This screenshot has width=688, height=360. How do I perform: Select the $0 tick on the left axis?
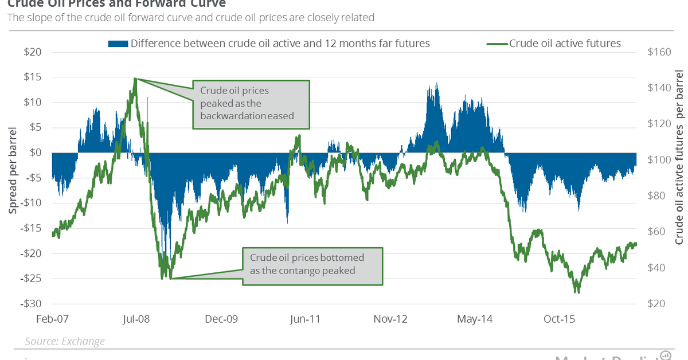pos(35,152)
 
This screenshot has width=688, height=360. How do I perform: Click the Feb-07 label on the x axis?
pos(52,319)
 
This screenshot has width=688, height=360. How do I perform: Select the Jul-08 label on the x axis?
pos(136,319)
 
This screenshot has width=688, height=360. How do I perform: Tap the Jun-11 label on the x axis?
pos(305,319)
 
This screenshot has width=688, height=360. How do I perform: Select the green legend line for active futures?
pos(496,43)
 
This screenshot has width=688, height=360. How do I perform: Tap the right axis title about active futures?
pos(679,158)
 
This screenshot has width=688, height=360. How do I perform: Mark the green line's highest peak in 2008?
pos(135,79)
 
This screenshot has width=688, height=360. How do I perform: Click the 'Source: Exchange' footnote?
pos(65,341)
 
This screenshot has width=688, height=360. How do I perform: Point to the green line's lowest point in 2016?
pos(577,292)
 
